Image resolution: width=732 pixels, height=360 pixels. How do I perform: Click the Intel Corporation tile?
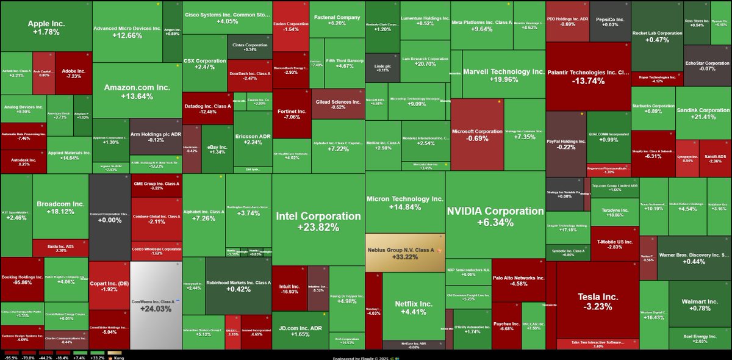318,221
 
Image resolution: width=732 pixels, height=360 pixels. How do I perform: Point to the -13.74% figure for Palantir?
587,81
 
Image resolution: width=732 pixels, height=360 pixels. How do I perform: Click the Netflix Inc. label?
414,303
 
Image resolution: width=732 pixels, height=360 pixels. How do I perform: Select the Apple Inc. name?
46,24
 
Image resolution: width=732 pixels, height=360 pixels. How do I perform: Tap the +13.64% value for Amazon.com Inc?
137,96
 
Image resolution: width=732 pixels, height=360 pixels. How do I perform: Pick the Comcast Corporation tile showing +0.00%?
110,217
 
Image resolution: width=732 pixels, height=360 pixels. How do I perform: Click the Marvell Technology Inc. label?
503,71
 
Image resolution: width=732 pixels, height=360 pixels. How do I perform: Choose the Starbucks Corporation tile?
653,108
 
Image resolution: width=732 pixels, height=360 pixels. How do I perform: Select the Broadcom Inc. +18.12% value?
60,212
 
